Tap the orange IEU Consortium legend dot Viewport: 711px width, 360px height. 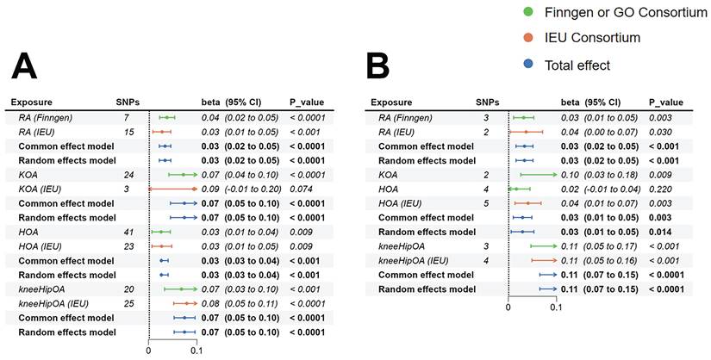pyautogui.click(x=527, y=38)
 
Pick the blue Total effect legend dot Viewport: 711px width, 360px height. pyautogui.click(x=527, y=65)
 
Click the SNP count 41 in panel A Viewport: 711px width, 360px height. pyautogui.click(x=127, y=232)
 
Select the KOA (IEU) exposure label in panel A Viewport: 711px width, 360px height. pyautogui.click(x=40, y=189)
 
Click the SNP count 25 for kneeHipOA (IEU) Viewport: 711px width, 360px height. pyautogui.click(x=127, y=303)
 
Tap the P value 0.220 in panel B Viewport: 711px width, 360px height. pyautogui.click(x=659, y=189)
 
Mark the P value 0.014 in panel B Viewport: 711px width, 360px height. pyautogui.click(x=659, y=232)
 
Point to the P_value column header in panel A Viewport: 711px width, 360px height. pyautogui.click(x=307, y=102)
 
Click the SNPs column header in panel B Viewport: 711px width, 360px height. pyautogui.click(x=488, y=102)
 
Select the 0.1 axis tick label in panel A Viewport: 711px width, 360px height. pyautogui.click(x=196, y=350)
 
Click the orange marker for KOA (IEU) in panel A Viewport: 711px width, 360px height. pyautogui.click(x=184, y=189)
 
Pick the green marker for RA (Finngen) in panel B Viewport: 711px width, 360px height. pyautogui.click(x=521, y=117)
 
